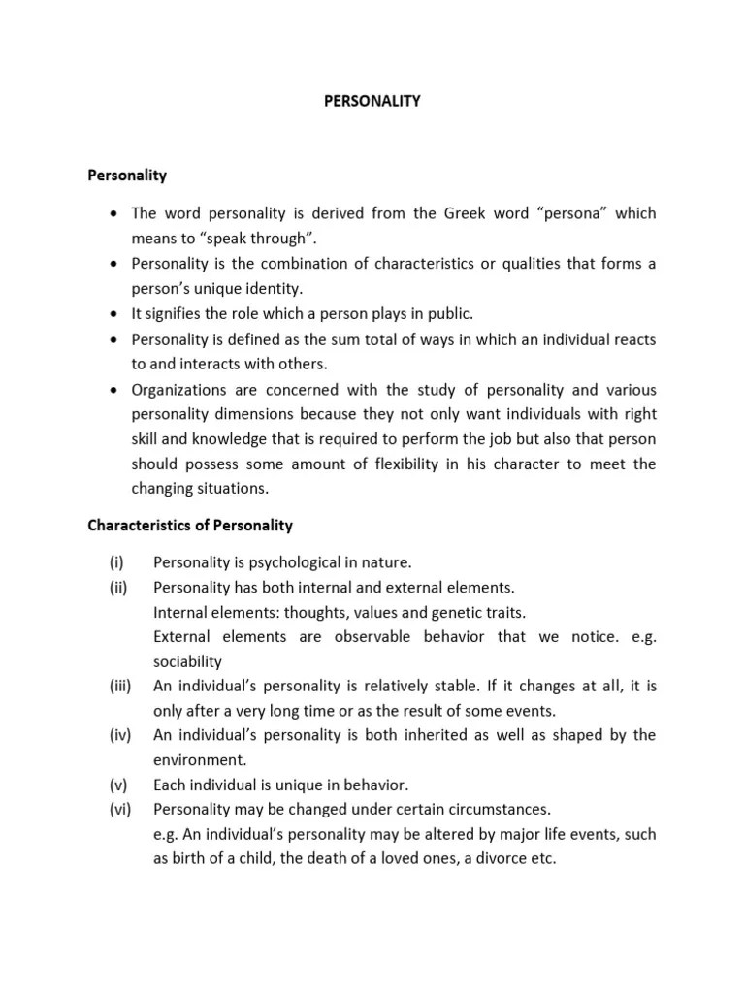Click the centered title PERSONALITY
pos(372,100)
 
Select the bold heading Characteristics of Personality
pos(190,526)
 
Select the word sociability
pos(187,661)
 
